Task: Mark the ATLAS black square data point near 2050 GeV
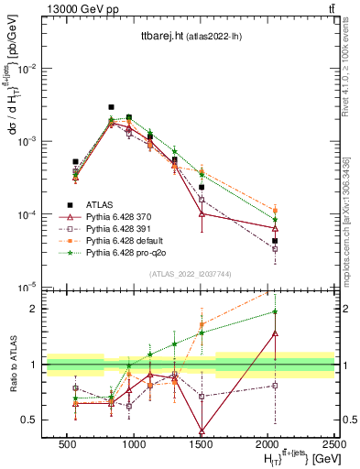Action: (275, 241)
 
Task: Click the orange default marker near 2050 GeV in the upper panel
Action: (275, 210)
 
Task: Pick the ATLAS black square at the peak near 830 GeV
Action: (111, 107)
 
